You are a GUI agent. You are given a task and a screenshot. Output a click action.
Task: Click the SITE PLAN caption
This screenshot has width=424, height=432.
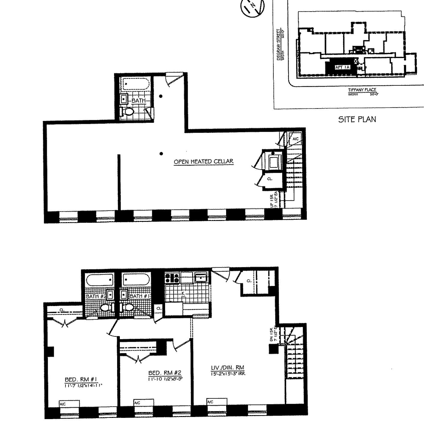pos(357,119)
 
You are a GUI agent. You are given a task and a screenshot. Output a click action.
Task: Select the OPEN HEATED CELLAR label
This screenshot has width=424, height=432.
pos(204,162)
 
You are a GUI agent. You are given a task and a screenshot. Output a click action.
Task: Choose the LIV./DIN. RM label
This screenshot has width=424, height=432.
pos(228,368)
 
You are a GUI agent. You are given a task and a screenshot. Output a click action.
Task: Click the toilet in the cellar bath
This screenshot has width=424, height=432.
pos(129,112)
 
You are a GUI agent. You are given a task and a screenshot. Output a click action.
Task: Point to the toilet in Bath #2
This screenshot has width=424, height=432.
pos(105,308)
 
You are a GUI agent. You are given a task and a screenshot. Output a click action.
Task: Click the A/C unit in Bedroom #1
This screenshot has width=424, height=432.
pos(69,404)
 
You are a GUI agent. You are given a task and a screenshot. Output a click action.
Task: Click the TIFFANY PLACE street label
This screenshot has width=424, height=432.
pos(362,90)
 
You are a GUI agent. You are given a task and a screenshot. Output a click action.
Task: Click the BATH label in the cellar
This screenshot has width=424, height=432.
pos(138,100)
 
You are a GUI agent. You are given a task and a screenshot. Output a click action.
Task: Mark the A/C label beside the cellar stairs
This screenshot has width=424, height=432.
pos(295,139)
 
